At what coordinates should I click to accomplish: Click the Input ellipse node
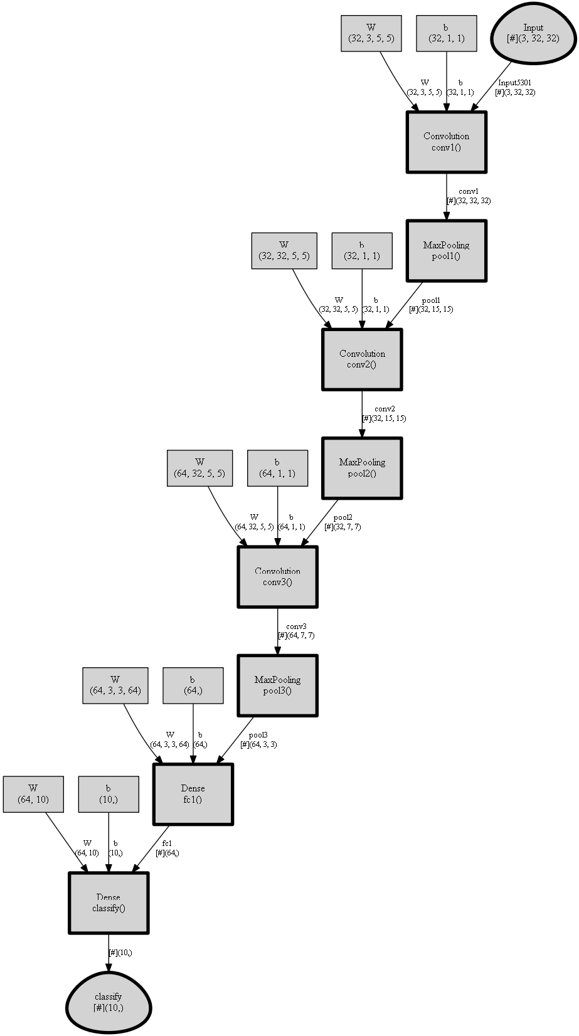pos(533,34)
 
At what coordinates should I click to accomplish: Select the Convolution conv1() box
pos(446,142)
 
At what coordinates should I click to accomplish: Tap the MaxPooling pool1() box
pos(446,251)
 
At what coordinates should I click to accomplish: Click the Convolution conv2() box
pos(362,359)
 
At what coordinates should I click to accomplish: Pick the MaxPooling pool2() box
pos(362,468)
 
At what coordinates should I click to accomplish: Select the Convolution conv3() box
pos(277,577)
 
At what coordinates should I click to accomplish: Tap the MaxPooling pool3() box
pos(277,685)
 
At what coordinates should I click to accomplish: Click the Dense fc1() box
pos(193,794)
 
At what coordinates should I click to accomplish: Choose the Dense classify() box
pos(109,903)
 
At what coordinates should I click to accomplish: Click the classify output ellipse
pos(109,1002)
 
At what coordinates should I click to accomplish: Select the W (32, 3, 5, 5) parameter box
pos(371,33)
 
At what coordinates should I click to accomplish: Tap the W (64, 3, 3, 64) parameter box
pos(115,685)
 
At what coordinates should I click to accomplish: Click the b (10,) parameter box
pos(109,794)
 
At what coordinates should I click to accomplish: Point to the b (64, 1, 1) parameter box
pos(277,468)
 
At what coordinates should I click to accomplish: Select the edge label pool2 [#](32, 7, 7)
pos(343,522)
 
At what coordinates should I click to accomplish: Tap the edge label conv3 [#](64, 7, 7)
pos(296,631)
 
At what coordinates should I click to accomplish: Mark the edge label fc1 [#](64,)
pos(167,848)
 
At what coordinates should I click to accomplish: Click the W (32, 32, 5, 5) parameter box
pos(284,251)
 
